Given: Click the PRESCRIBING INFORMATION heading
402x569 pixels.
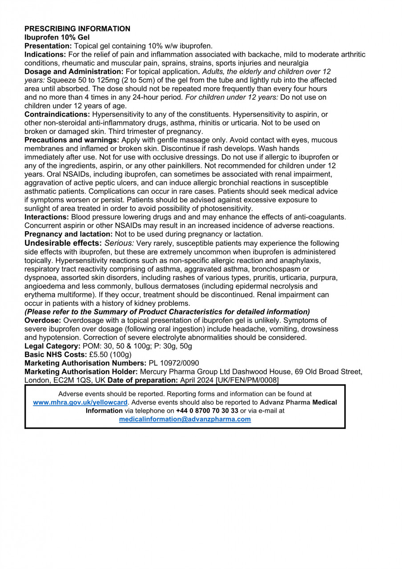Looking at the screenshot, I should click(x=77, y=29).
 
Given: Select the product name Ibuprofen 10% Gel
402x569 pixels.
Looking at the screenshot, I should click(x=57, y=37).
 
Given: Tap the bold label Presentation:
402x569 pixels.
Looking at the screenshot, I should click(x=48, y=46).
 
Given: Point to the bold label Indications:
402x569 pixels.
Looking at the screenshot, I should click(x=45, y=55).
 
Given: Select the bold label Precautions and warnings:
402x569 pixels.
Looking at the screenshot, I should click(x=72, y=140).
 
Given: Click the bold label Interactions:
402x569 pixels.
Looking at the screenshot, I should click(x=47, y=217).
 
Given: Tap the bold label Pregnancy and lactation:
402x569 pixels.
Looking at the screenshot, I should click(x=69, y=234).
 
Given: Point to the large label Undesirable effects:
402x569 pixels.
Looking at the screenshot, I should click(x=63, y=243).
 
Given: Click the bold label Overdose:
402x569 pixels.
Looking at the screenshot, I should click(x=43, y=321).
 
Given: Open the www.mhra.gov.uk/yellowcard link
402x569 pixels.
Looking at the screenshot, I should click(x=80, y=402).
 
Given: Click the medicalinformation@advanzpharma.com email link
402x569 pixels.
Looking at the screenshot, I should click(x=185, y=419).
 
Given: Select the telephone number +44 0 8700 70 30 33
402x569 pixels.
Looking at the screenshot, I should click(x=207, y=411).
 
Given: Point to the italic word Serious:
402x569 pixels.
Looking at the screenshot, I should click(x=119, y=244).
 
